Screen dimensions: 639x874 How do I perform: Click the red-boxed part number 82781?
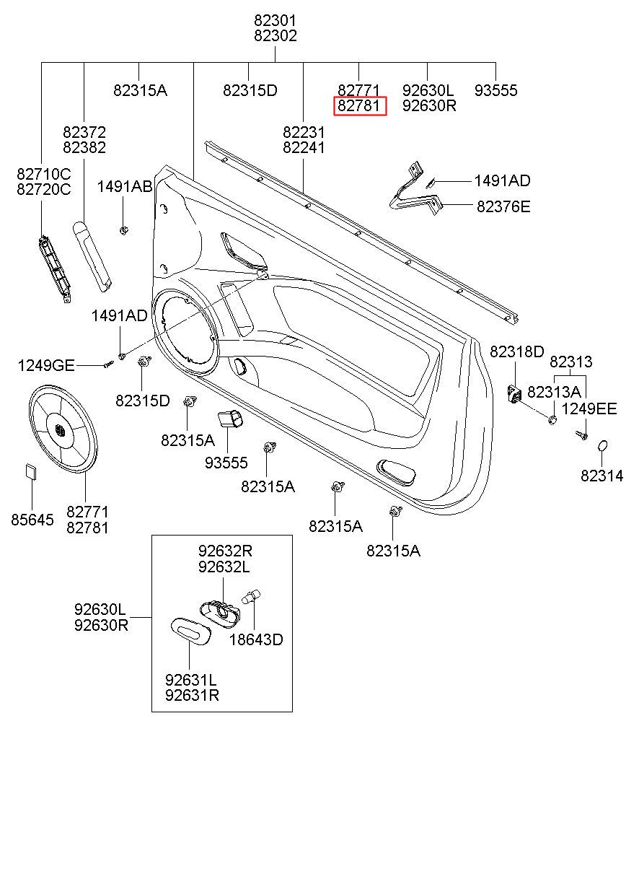358,106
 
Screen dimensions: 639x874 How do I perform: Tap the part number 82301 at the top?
276,20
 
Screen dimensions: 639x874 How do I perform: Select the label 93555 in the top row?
495,90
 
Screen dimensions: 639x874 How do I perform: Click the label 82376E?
503,207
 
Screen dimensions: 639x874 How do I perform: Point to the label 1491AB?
124,187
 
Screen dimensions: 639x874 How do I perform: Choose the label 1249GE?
46,366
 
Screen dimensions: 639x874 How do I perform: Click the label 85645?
32,520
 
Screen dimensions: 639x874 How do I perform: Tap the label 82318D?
516,352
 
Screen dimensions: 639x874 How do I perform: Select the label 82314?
602,476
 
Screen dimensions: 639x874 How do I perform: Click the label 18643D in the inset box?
256,639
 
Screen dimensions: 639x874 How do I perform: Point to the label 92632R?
225,551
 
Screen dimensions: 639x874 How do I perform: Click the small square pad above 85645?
32,472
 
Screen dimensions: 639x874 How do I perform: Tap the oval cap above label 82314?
602,446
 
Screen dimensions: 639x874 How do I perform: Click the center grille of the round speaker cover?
60,429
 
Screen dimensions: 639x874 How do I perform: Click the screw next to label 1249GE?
108,364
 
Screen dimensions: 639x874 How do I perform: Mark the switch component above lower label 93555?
230,419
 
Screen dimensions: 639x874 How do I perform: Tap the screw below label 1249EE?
582,435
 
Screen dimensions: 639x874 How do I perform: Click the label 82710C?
44,174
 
